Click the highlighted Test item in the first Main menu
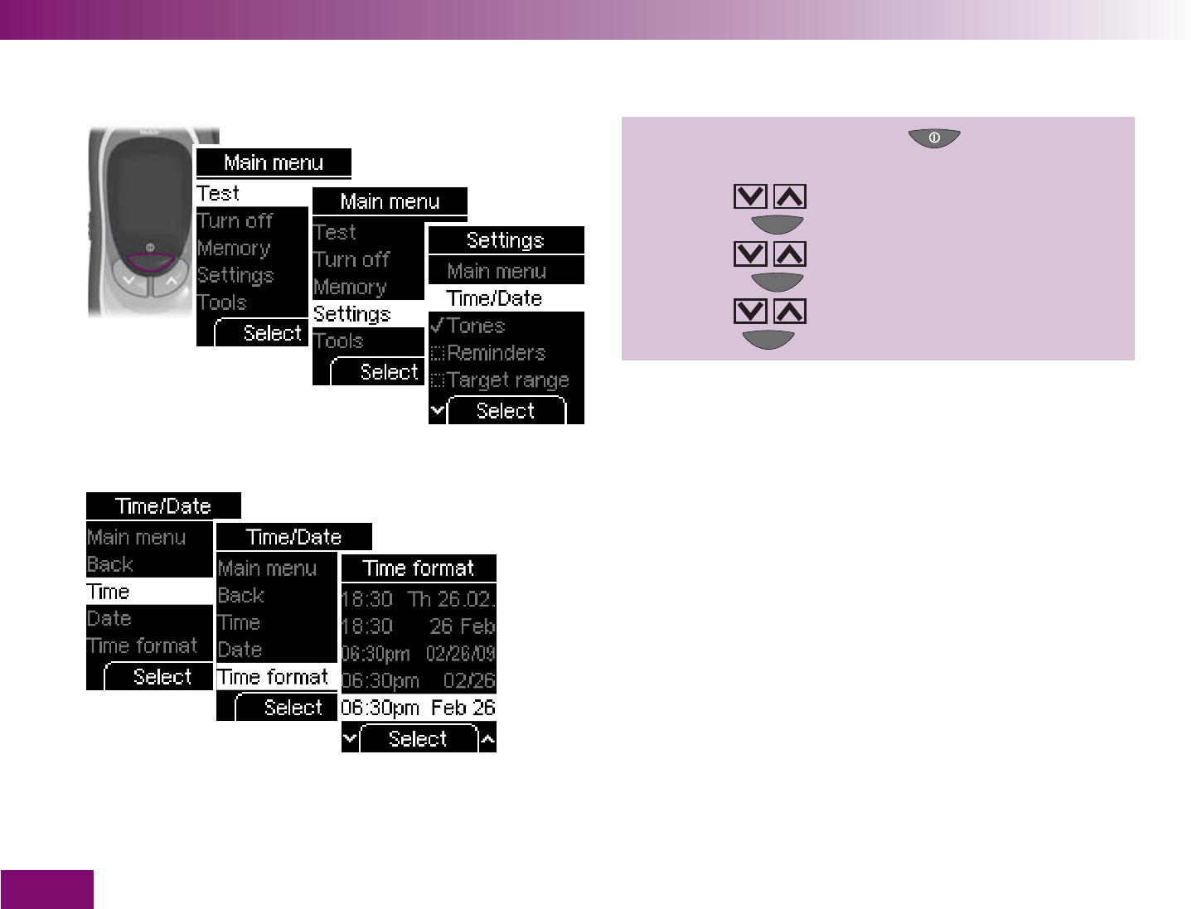click(218, 193)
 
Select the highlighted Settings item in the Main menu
click(352, 314)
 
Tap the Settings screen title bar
click(506, 240)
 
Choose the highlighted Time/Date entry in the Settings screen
click(494, 298)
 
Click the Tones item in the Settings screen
click(476, 326)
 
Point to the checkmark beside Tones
click(437, 325)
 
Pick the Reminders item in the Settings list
click(496, 353)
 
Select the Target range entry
click(507, 380)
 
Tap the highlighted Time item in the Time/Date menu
click(109, 592)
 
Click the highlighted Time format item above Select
click(273, 677)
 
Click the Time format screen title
click(419, 568)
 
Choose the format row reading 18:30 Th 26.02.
click(419, 598)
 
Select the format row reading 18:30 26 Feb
click(419, 626)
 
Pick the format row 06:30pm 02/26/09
click(419, 654)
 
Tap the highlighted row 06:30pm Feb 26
click(419, 708)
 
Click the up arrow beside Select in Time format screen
click(488, 738)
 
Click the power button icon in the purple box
click(934, 138)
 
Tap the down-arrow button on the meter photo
click(128, 280)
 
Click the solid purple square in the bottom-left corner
click(46, 889)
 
